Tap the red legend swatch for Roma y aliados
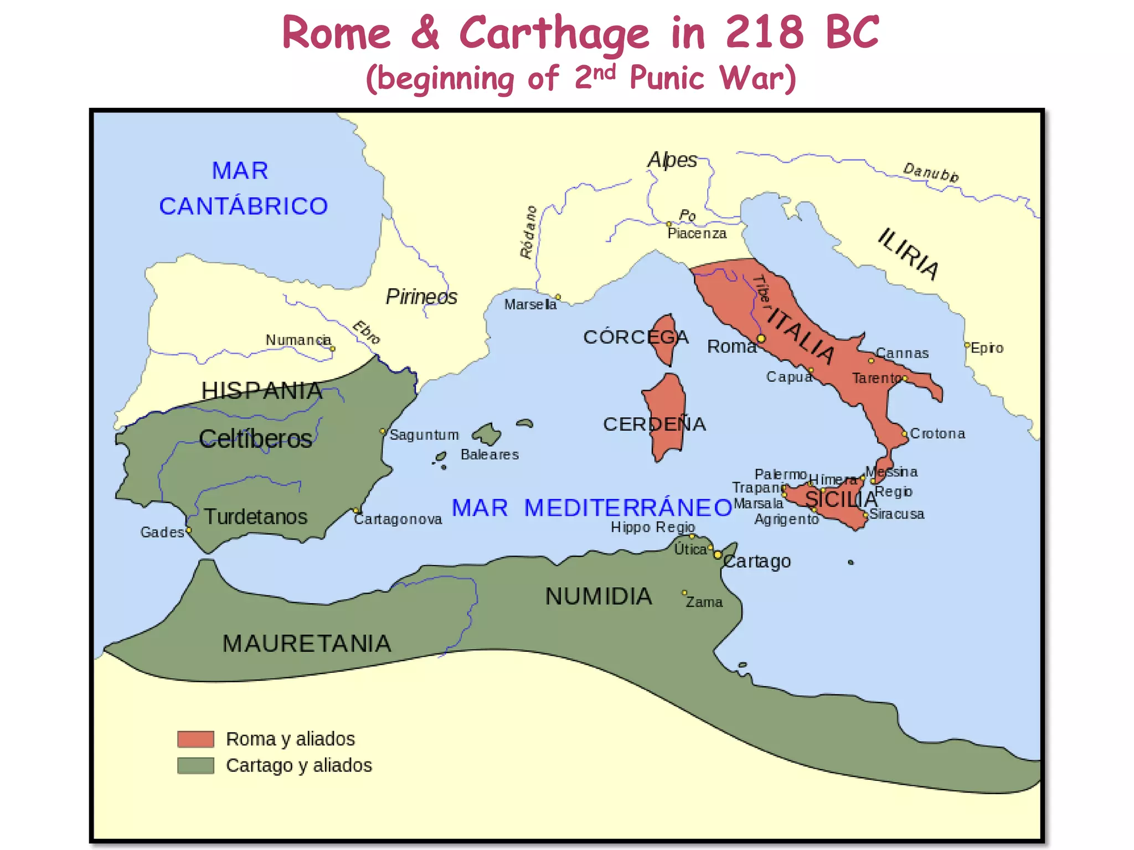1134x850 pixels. (195, 739)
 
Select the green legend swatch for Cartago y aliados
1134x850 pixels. (195, 765)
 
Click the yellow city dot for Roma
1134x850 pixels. (761, 339)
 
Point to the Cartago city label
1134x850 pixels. (757, 561)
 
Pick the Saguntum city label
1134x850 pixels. (424, 435)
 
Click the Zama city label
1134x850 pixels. (704, 602)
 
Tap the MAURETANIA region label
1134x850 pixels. (307, 644)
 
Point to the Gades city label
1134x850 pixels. (162, 532)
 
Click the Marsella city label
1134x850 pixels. (530, 304)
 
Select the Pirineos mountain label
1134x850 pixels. (421, 297)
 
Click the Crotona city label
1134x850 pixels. (937, 433)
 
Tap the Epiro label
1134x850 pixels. (987, 348)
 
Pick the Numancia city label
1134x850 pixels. (298, 340)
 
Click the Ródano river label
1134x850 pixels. (529, 232)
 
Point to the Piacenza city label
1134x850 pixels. (697, 234)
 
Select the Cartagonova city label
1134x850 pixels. (398, 519)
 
